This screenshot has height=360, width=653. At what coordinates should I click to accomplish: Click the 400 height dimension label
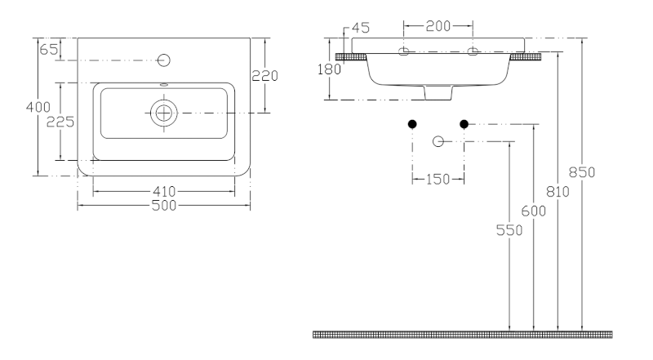click(x=38, y=107)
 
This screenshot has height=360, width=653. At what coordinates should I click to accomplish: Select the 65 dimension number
click(x=48, y=50)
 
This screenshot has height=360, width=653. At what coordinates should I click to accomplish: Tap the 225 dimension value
click(x=60, y=122)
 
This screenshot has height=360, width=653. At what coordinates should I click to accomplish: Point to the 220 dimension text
click(x=264, y=76)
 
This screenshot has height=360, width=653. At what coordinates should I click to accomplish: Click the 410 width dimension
click(x=164, y=191)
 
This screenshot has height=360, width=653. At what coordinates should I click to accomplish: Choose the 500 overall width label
click(x=164, y=206)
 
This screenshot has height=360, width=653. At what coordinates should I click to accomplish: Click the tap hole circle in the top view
click(x=164, y=60)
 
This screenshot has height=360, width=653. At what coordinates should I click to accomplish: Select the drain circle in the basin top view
click(x=164, y=113)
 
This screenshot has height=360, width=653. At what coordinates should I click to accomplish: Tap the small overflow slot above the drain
click(x=164, y=85)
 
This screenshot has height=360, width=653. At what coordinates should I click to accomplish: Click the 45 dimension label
click(x=361, y=28)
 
